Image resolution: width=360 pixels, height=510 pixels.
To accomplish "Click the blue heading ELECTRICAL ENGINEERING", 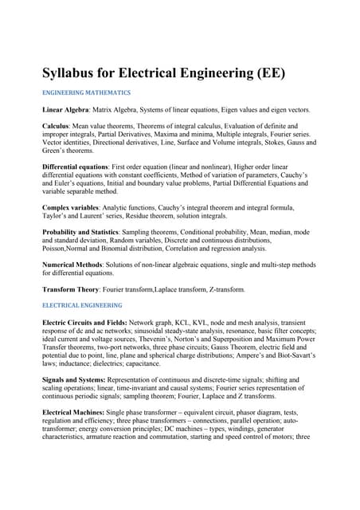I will coord(82,305).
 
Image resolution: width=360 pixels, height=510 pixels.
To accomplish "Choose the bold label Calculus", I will coord(57,126).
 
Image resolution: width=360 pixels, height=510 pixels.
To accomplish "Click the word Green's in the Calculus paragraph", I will coord(56,151).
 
